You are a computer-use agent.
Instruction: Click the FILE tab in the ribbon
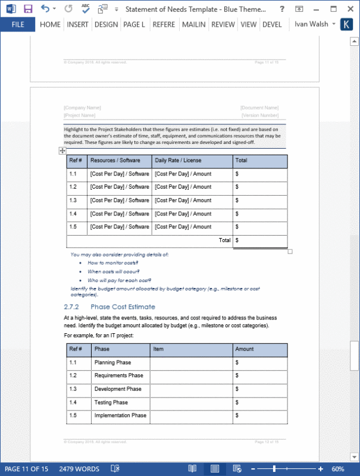[18, 24]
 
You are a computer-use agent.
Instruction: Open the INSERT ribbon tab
[77, 24]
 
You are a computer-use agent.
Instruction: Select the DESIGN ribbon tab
[106, 24]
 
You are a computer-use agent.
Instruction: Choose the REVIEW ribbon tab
[223, 24]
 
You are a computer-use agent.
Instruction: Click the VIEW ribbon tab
[249, 24]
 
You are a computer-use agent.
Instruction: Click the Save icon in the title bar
[28, 9]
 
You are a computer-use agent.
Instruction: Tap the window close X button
[350, 9]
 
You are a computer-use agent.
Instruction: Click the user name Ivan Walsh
[311, 24]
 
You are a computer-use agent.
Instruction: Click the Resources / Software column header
[115, 161]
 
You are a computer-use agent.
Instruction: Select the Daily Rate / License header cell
[178, 161]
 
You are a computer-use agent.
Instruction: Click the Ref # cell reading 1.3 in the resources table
[73, 201]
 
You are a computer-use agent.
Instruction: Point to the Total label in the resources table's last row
[224, 240]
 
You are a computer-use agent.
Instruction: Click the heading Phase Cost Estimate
[123, 307]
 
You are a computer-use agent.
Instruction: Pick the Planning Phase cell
[112, 362]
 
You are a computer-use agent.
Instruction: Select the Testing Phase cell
[111, 402]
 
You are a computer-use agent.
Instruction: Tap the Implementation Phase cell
[120, 415]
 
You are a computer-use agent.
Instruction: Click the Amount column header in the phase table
[245, 349]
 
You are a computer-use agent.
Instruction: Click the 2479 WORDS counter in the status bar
[79, 469]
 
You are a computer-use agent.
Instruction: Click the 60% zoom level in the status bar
[338, 469]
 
